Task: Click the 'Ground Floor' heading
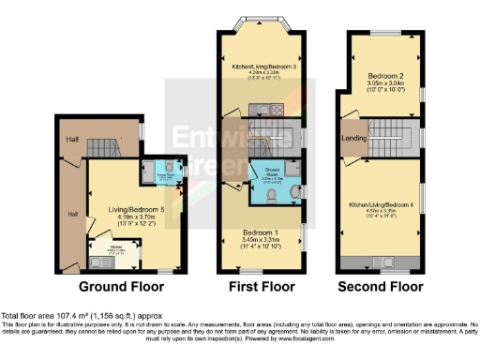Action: point(117,286)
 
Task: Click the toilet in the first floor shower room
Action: point(270,195)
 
